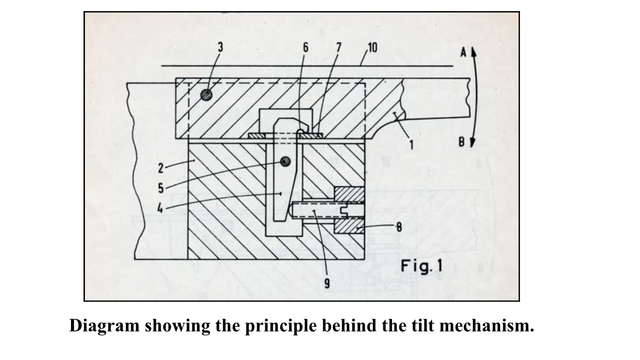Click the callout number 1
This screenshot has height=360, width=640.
[x=411, y=144]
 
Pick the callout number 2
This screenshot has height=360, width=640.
[x=161, y=168]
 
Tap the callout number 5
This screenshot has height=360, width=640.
[x=161, y=188]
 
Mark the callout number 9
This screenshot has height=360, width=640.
[x=327, y=283]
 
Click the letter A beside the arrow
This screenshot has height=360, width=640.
[x=463, y=53]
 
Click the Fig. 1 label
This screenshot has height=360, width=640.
[x=422, y=265]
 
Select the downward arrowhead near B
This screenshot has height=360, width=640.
[x=473, y=143]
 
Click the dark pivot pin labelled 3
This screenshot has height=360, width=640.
[x=206, y=94]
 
